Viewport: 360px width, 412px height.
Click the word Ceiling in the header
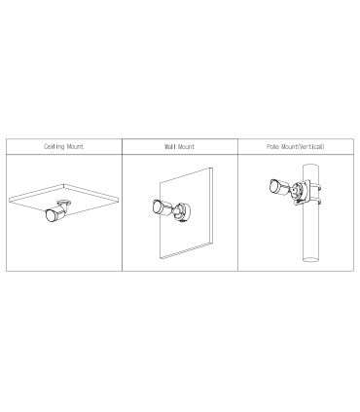54,146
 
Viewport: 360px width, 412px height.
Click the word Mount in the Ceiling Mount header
75,146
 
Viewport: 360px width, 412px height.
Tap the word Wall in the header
169,146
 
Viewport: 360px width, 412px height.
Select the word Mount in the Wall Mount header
186,146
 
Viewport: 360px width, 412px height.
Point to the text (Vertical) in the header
310,146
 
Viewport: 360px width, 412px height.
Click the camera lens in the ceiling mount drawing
50,215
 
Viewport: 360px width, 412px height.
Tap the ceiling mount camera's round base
64,203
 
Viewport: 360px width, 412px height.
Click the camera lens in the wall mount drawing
156,206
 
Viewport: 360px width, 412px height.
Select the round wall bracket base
182,212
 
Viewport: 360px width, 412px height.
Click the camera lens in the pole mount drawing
273,186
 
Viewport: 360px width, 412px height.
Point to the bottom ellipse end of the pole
310,259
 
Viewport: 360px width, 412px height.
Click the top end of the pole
310,166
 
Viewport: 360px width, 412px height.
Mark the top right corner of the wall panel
212,168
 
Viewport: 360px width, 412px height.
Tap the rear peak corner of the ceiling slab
63,184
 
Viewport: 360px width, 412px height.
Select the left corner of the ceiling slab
10,200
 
